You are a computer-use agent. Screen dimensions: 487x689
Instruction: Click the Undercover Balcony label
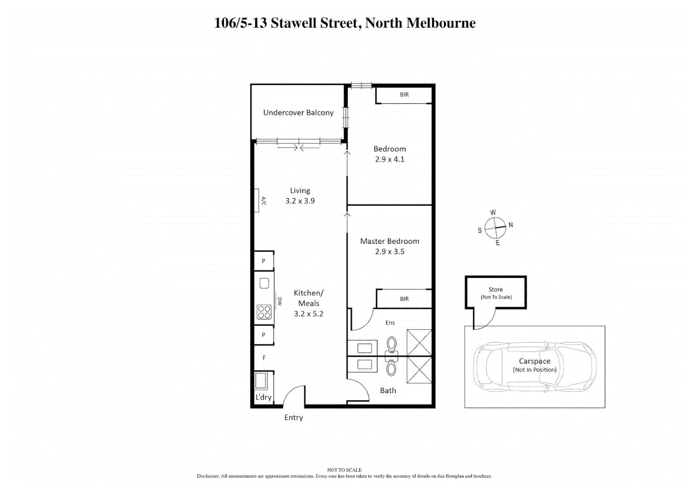tap(298, 113)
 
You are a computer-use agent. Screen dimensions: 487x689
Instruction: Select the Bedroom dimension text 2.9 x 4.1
tap(389, 159)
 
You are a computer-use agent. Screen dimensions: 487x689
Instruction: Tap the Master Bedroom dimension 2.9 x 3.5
tap(389, 252)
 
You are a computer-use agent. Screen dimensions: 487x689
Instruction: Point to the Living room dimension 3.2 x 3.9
tap(300, 201)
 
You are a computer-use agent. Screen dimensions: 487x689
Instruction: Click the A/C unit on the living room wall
tap(257, 200)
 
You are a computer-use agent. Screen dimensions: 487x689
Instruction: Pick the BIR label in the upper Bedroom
tap(404, 95)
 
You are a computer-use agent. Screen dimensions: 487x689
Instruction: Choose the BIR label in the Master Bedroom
tap(404, 299)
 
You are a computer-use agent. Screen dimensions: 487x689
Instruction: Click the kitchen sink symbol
tap(264, 283)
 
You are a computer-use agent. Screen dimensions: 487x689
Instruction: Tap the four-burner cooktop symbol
tap(264, 312)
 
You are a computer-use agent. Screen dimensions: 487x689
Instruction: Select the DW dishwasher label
tap(280, 301)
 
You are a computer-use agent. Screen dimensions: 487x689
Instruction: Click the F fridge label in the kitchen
tap(264, 358)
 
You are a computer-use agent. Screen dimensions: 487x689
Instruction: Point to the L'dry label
tap(264, 397)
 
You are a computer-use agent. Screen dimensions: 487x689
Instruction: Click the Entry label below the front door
tap(294, 418)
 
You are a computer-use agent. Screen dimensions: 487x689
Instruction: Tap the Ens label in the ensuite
tap(390, 323)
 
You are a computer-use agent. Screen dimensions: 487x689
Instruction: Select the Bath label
tap(388, 391)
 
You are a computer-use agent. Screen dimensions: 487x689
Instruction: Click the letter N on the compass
tap(511, 225)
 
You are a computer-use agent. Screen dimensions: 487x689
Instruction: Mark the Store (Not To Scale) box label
tap(496, 293)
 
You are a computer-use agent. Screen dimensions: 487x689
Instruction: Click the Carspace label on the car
tap(535, 361)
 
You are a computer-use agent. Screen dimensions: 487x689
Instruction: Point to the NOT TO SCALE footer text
tap(344, 470)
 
